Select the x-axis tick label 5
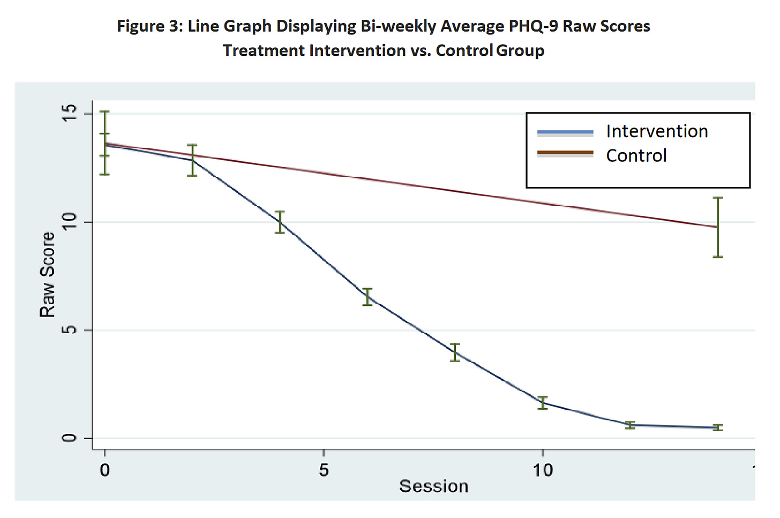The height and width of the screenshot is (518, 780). [324, 470]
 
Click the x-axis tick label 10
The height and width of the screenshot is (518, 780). [542, 470]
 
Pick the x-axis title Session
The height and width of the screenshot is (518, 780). [433, 486]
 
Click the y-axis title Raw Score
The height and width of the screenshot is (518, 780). [48, 274]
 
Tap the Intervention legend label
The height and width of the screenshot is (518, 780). [657, 131]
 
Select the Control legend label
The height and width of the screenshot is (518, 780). [636, 155]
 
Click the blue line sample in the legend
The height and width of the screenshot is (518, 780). [565, 132]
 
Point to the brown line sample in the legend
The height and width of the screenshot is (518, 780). [565, 153]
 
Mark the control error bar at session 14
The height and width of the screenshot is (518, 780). [718, 227]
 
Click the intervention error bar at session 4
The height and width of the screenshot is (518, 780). [280, 222]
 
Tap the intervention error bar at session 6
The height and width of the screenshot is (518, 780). [367, 297]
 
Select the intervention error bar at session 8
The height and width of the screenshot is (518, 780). [455, 352]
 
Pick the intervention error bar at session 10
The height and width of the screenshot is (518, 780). [543, 403]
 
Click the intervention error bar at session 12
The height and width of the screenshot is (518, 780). [631, 425]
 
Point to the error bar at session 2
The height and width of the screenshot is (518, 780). [192, 160]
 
